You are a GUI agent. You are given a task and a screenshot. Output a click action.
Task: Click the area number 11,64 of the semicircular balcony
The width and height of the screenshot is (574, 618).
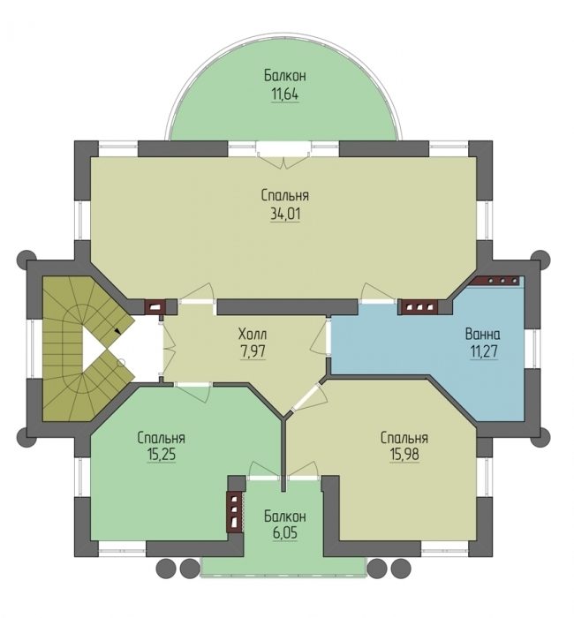click(284, 94)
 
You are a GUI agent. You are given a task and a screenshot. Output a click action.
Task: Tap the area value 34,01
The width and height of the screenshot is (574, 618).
click(285, 215)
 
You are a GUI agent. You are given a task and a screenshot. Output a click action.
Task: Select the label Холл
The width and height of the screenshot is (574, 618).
click(253, 335)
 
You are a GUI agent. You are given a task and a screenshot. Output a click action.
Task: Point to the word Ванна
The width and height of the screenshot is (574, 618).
click(483, 335)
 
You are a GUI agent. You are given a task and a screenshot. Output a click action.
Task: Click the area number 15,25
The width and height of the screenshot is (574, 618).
click(162, 455)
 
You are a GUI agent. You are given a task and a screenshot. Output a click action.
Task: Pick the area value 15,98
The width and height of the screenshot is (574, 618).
click(404, 455)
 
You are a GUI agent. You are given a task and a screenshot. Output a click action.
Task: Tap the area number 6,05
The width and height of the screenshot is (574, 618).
click(284, 533)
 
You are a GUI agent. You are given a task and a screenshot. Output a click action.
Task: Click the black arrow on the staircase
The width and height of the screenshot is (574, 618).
click(117, 331)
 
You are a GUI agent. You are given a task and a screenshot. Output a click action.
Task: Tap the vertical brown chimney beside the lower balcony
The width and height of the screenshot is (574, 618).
click(235, 511)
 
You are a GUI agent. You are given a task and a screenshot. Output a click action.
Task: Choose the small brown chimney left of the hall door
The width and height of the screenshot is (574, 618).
click(155, 306)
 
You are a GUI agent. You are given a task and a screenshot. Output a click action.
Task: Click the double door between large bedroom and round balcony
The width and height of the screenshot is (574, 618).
click(284, 154)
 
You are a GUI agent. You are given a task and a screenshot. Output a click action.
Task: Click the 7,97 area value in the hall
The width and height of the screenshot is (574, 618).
click(253, 351)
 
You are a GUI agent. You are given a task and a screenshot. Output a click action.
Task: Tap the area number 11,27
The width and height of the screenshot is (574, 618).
click(484, 351)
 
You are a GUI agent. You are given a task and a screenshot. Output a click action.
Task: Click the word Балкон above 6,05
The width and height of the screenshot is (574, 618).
click(285, 516)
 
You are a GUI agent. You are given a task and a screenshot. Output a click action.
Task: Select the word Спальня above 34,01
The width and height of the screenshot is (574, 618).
click(285, 195)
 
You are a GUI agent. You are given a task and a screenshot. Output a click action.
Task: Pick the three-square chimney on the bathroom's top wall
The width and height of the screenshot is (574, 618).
click(419, 307)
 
